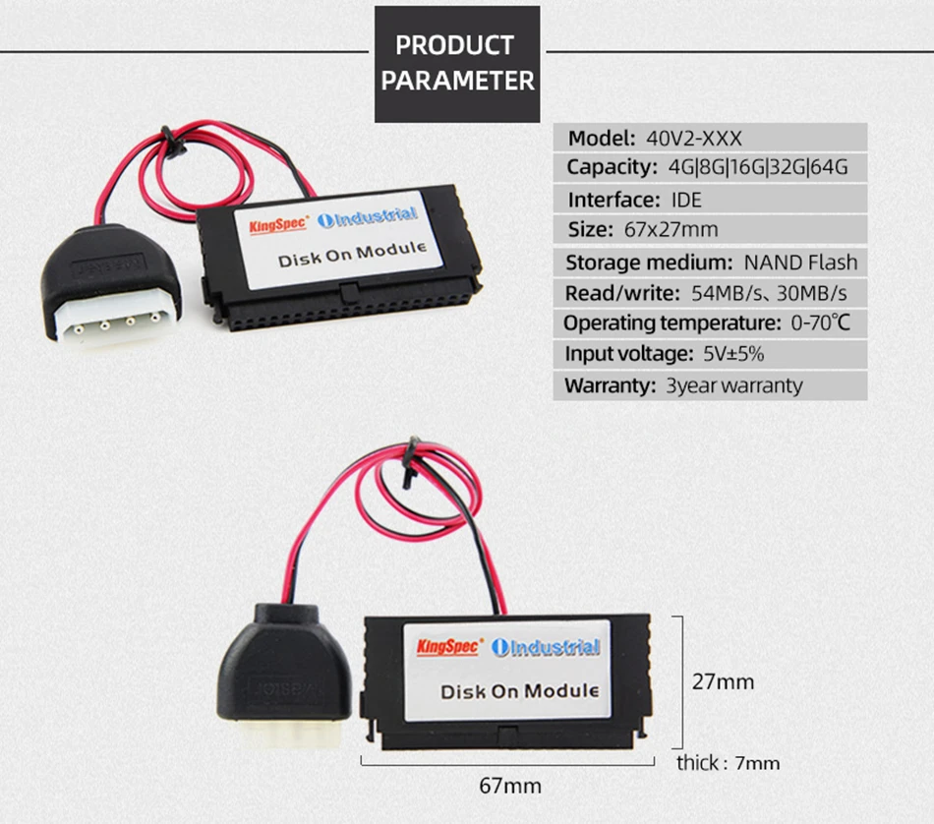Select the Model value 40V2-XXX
(688, 137)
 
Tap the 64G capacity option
(828, 167)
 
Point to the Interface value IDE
(686, 200)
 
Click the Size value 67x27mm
(671, 230)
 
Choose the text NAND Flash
(800, 263)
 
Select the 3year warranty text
(733, 385)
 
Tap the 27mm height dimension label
(723, 681)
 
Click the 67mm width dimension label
(510, 786)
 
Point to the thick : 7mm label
(728, 762)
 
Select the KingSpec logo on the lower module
(448, 646)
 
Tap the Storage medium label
(647, 263)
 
